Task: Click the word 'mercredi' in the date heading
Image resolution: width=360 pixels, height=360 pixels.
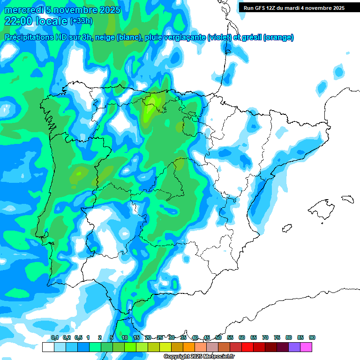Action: (24, 10)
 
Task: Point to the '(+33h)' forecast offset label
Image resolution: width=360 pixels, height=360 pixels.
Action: (81, 21)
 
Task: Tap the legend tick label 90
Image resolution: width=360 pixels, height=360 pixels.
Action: (312, 337)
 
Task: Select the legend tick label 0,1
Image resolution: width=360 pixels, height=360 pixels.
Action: (55, 337)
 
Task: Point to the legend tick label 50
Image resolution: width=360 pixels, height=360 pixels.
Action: (218, 337)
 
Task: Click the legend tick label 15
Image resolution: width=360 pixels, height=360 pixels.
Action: (136, 337)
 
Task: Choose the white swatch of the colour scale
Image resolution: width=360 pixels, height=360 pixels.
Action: (48, 347)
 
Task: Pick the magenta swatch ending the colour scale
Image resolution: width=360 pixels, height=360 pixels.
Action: (306, 347)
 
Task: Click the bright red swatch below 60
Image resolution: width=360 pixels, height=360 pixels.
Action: (247, 347)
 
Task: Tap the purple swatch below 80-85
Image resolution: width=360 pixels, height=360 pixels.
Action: (294, 347)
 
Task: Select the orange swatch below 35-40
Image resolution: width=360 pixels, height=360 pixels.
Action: (189, 347)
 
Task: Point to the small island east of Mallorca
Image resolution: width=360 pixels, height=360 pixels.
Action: (347, 199)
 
